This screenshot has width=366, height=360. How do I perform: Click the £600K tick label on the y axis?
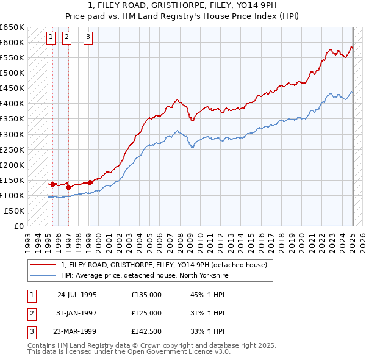12,43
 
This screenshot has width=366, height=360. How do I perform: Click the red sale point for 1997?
68,187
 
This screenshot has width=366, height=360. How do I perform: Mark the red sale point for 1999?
90,182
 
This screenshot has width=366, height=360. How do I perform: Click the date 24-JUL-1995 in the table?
76,294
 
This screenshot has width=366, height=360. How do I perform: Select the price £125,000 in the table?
146,313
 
